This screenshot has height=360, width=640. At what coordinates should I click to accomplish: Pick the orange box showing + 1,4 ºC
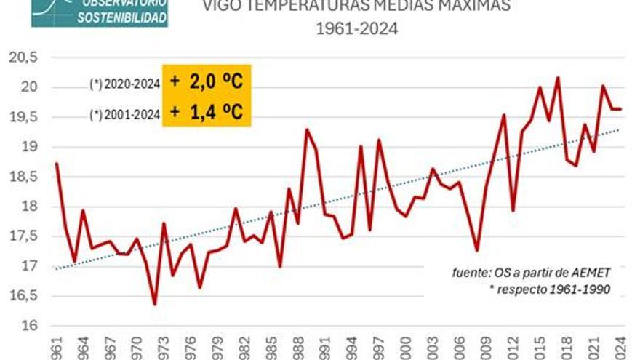[206, 111]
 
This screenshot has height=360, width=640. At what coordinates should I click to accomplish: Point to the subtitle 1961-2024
[357, 30]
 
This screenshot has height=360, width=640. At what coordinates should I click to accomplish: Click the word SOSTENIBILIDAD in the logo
[122, 17]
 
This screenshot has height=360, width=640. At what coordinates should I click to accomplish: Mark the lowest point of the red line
[154, 304]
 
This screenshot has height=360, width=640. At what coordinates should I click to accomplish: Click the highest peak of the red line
[558, 78]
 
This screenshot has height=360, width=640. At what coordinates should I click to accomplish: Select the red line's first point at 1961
[56, 163]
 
